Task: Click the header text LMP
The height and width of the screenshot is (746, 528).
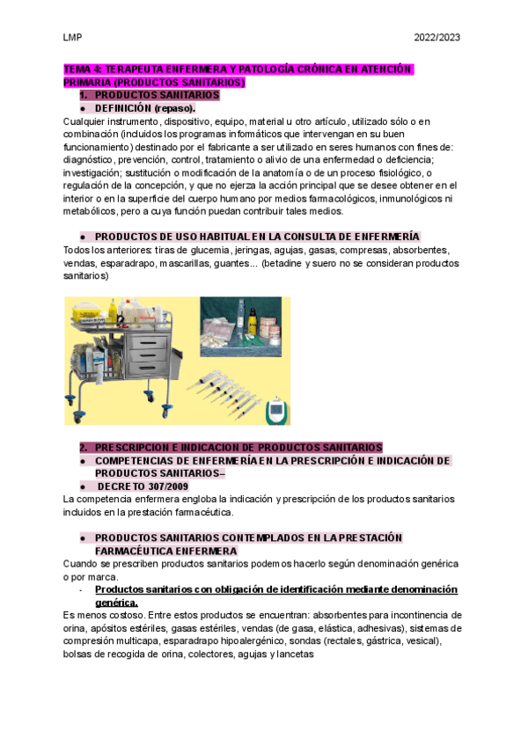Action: [72, 38]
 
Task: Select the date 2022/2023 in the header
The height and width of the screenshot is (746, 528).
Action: [437, 38]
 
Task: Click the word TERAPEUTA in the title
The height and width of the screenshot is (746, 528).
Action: [138, 69]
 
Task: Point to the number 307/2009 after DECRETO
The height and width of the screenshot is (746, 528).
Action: [165, 486]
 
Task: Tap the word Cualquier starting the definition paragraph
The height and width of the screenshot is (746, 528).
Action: [85, 121]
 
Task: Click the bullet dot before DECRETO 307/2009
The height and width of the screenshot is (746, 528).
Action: [81, 486]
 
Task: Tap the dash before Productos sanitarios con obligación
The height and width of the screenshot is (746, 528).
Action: [81, 589]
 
